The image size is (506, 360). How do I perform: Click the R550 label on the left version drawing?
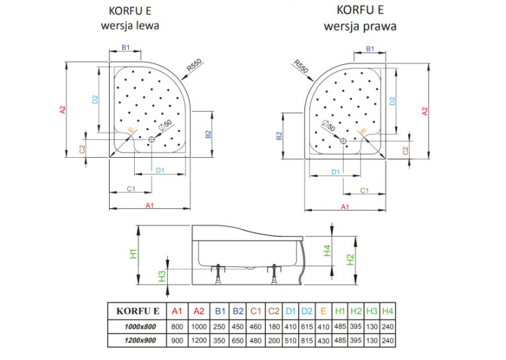194,65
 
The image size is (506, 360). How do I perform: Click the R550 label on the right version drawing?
301,67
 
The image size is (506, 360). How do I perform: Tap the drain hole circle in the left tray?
152,139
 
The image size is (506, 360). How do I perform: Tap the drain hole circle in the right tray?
343,141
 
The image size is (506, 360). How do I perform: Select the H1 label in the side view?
133,254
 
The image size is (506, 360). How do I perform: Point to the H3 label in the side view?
162,276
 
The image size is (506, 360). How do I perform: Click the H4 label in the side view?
327,250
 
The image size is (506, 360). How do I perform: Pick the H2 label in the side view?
350,260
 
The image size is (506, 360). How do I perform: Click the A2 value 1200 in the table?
199,341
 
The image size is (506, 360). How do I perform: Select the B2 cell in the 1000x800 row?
238,327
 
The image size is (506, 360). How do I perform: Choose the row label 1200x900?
140,341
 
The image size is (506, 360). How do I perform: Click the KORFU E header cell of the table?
138,311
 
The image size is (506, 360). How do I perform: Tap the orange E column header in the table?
323,311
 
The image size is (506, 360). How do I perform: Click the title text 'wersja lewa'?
130,26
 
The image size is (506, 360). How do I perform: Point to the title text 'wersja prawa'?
360,26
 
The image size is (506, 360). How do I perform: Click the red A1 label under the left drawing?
149,205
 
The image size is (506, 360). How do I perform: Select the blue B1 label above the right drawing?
370,49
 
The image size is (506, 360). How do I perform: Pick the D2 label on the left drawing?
95,99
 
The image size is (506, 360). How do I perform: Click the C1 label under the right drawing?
365,191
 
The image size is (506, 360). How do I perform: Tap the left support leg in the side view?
219,274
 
